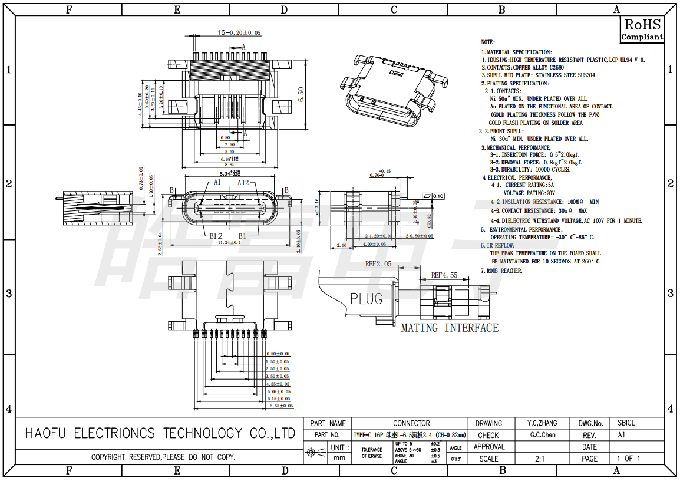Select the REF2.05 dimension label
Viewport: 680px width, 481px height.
[x=378, y=264]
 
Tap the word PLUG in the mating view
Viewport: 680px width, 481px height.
[x=366, y=299]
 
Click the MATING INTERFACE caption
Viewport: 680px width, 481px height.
[x=450, y=328]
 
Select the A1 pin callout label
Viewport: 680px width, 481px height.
[x=216, y=182]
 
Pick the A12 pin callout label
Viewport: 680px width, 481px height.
[x=243, y=182]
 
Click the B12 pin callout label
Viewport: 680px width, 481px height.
[x=216, y=236]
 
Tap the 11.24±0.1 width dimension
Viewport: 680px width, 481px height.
[x=229, y=242]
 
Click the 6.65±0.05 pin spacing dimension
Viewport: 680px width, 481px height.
[x=280, y=406]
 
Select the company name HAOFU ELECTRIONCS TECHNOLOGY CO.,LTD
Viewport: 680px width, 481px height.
[x=160, y=434]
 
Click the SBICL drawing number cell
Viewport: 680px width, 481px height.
[x=626, y=423]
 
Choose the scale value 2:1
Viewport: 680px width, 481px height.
[x=540, y=459]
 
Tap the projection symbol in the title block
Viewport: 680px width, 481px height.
[x=316, y=453]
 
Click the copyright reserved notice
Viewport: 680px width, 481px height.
[x=163, y=457]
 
